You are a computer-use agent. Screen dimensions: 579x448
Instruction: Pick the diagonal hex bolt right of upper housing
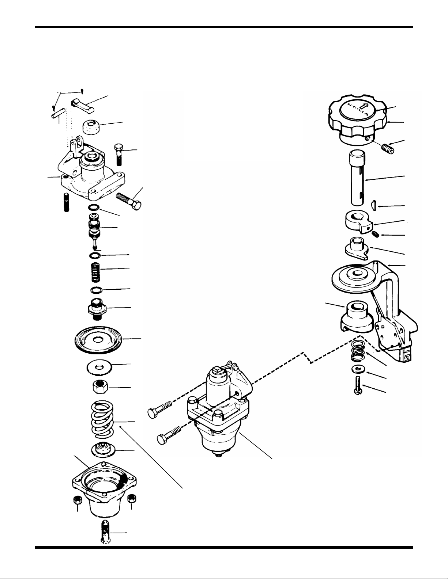130,201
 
